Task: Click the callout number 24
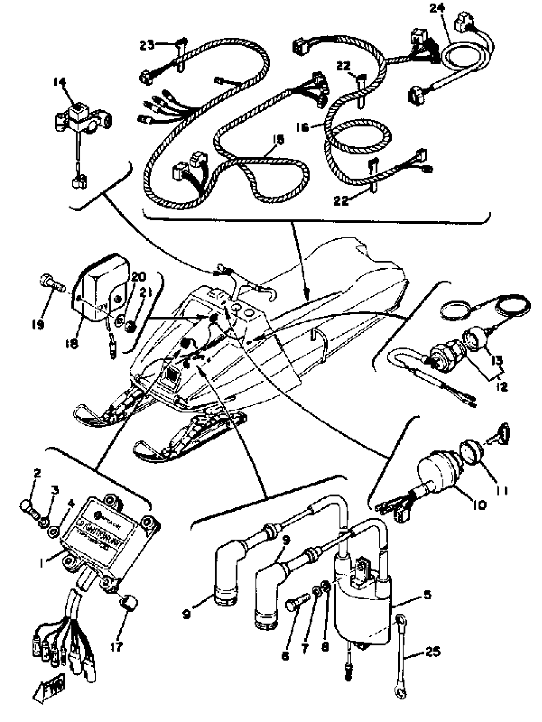coord(437,8)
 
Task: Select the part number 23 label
coord(147,45)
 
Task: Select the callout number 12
coord(502,387)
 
